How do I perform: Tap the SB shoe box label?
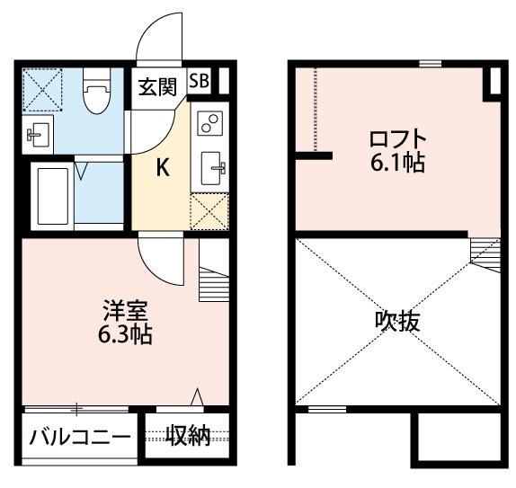199,80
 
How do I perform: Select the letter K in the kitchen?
163,166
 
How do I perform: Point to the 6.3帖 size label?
124,336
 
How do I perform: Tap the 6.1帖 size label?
396,164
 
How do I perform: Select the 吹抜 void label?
398,322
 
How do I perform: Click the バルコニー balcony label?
80,438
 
